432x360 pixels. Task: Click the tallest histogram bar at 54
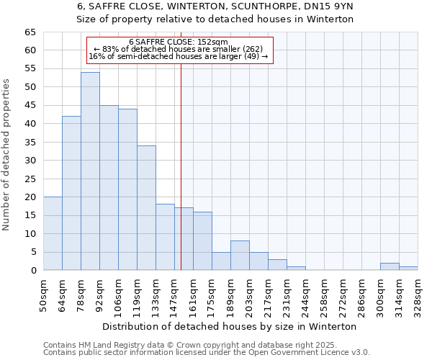pos(90,171)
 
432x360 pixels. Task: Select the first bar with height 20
pos(53,233)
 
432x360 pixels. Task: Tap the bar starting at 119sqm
pos(146,208)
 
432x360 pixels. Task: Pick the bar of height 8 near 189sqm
pos(240,256)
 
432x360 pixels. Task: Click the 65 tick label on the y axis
pos(30,32)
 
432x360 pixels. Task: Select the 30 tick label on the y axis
pos(30,161)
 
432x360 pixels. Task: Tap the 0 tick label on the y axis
pos(32,271)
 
